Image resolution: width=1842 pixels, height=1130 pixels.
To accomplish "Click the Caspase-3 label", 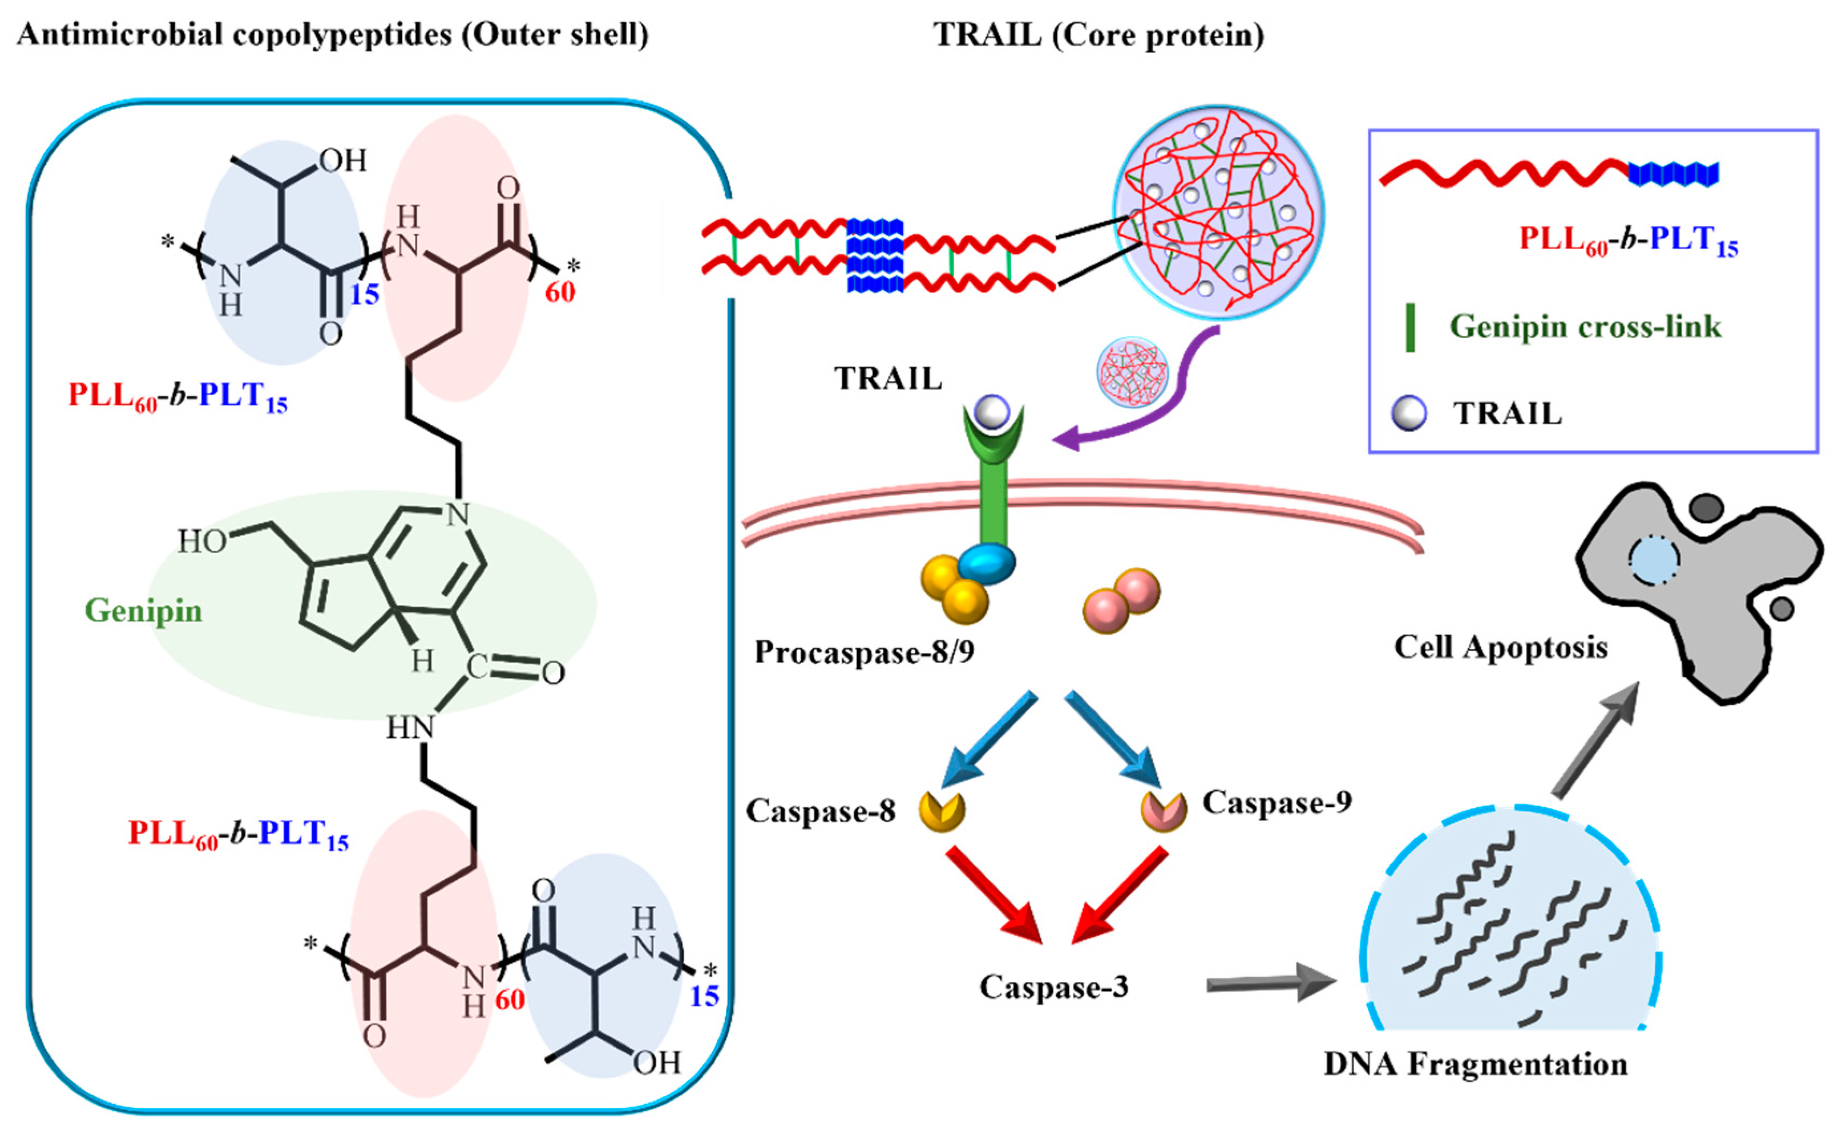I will [x=1053, y=987].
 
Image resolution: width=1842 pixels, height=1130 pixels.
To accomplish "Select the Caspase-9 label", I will [x=1277, y=803].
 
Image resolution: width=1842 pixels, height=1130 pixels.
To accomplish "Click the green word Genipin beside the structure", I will [x=144, y=611].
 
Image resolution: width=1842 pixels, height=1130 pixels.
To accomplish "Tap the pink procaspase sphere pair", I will [x=1122, y=600].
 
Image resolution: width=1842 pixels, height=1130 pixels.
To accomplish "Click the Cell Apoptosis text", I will [x=1501, y=647].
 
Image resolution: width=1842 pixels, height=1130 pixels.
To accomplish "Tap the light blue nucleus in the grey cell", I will [x=1654, y=560].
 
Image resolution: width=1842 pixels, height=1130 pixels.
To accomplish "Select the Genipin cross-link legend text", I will [x=1586, y=327].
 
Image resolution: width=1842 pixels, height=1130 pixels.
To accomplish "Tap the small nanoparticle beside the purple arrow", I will [x=1132, y=371].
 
